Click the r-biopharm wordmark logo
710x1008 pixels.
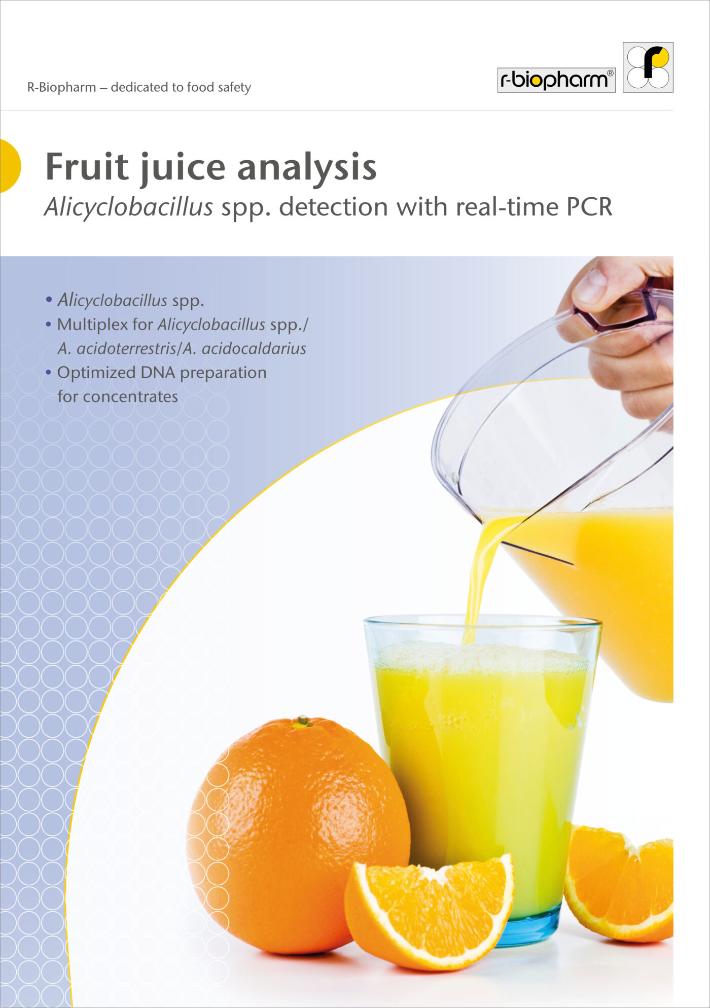[556, 80]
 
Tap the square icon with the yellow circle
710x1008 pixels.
[648, 67]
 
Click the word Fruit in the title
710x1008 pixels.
[87, 166]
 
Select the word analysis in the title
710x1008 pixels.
[307, 167]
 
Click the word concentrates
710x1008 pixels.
[130, 397]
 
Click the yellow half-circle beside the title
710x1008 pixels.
[10, 166]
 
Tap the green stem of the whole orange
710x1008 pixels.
[302, 721]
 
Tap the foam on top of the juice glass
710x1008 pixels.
[482, 657]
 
